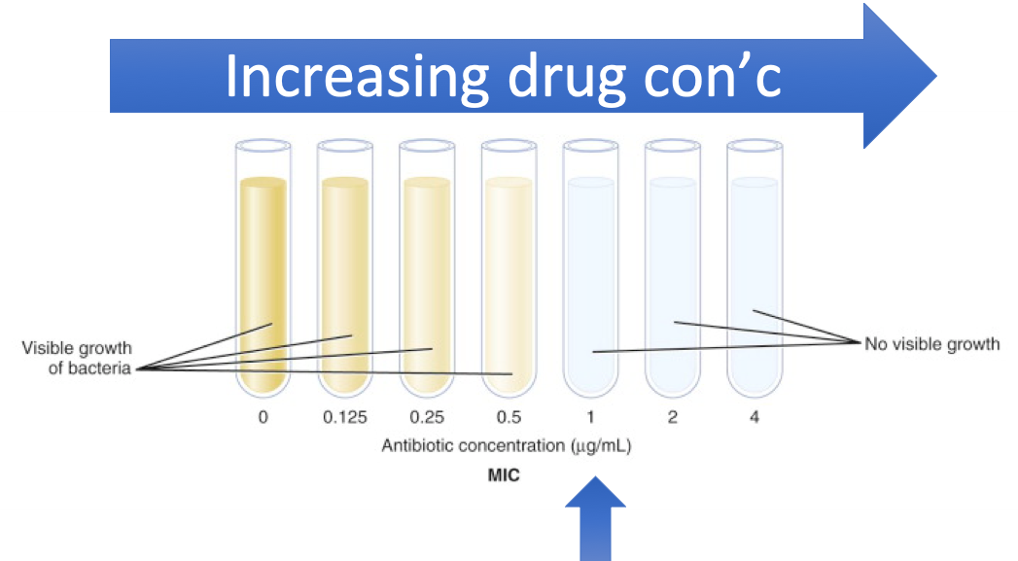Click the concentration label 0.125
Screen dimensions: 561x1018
345,418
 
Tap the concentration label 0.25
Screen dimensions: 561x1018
427,418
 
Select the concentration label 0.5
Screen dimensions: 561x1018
509,418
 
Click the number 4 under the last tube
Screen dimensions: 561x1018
755,418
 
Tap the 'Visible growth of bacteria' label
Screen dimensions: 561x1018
77,358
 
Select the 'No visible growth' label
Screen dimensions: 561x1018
931,344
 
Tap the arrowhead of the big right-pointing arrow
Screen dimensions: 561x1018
899,76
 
